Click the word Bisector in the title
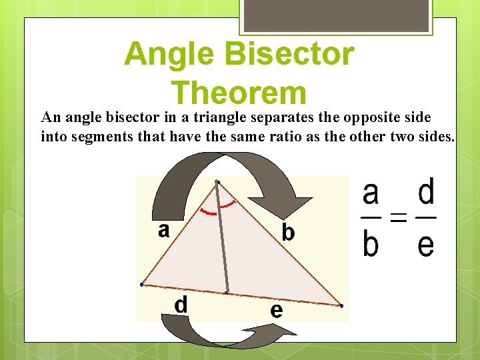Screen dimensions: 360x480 click(292, 53)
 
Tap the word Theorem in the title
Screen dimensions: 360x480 click(239, 93)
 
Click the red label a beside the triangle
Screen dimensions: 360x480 click(164, 230)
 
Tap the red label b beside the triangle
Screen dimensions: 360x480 click(288, 232)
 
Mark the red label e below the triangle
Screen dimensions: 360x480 click(276, 310)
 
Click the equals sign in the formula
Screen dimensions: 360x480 click(398, 218)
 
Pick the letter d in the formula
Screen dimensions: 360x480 click(425, 193)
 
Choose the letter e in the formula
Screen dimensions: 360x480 click(425, 244)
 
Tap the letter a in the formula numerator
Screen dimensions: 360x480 click(371, 193)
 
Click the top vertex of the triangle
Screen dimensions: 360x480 click(217, 182)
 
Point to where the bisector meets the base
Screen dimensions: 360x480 click(227, 293)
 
